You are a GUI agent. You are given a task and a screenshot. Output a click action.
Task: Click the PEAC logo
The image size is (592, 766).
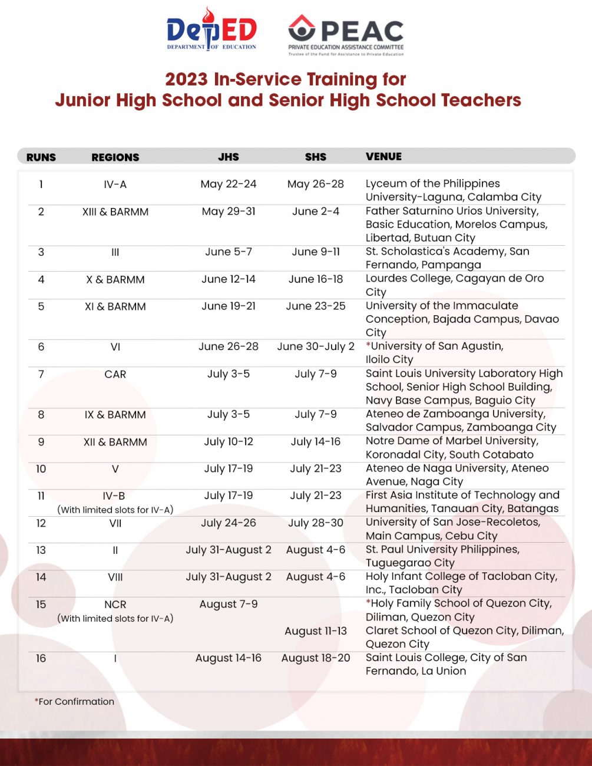coord(346,34)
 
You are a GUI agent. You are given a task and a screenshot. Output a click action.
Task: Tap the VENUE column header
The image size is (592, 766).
coord(383,157)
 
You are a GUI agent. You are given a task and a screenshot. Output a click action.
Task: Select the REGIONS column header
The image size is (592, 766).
coord(115,157)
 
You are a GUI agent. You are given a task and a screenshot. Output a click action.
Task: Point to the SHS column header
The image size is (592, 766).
coord(316,157)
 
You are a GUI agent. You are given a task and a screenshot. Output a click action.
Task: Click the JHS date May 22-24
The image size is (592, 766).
coord(229,184)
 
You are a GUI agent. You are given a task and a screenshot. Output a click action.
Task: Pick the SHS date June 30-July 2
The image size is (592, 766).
coord(316,346)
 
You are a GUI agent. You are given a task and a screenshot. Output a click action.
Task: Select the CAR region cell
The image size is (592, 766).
coord(115,374)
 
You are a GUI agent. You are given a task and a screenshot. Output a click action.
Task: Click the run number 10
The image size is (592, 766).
coord(41,469)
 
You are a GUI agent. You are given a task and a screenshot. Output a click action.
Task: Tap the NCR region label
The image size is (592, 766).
coord(115,605)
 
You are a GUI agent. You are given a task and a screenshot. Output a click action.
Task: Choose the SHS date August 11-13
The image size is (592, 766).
coord(316,631)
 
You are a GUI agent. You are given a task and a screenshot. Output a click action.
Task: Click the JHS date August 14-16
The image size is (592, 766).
coord(229,658)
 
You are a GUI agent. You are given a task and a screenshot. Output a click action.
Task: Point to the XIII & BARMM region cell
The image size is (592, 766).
coord(115,212)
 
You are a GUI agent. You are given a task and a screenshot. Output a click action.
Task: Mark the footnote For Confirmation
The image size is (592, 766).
coord(75,701)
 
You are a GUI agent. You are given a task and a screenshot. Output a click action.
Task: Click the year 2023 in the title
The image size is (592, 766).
coord(186,80)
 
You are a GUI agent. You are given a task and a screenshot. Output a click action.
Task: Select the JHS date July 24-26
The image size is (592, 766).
coord(229,523)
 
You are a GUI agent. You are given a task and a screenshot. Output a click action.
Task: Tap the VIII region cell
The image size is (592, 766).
coord(115,577)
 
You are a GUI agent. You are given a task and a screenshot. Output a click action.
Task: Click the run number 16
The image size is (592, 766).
coord(41,658)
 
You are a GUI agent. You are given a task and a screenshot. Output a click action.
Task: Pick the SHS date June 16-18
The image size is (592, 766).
coord(316,279)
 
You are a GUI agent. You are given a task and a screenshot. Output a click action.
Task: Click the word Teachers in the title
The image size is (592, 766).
coord(481,100)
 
